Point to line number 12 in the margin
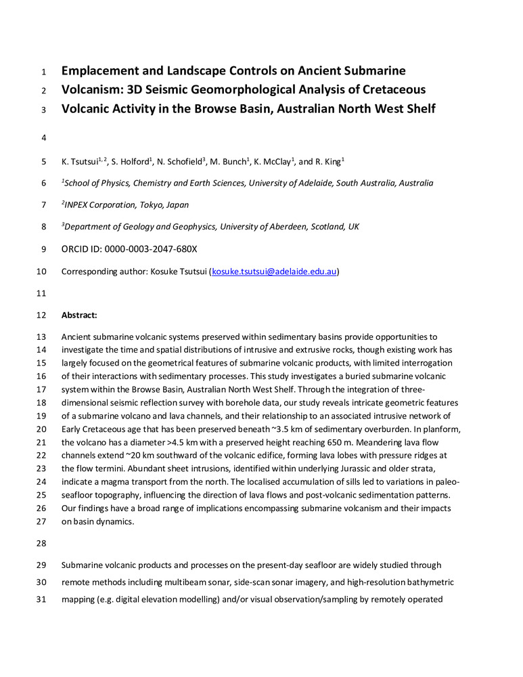pos(41,315)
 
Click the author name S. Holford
pos(126,162)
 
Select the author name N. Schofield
pos(177,162)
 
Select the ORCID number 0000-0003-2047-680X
pos(150,249)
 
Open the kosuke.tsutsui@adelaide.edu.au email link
pos(274,272)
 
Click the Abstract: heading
pos(79,315)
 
